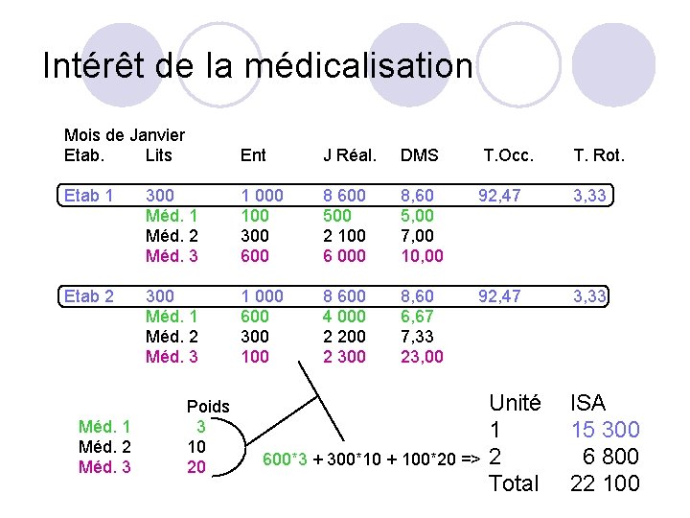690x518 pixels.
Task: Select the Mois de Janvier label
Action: (124, 135)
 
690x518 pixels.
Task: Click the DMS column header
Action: (419, 155)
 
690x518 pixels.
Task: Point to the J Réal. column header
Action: (350, 155)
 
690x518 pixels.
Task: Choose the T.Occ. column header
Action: (508, 155)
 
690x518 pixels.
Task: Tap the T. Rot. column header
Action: (599, 155)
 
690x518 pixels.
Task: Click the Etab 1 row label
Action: (88, 196)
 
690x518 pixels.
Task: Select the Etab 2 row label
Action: (88, 296)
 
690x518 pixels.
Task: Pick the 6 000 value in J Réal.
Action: (344, 256)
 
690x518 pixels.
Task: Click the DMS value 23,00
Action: (422, 357)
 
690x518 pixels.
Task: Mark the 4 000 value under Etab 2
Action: (344, 317)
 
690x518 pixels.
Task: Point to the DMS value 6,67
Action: (418, 317)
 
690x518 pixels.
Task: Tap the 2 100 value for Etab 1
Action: (344, 236)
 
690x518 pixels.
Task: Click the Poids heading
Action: (208, 407)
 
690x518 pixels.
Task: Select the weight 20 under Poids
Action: (195, 467)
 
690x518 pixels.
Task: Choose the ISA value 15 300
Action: (605, 430)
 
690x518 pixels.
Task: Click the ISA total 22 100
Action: (605, 483)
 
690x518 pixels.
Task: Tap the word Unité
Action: (515, 403)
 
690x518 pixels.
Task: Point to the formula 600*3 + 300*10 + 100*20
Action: (365, 458)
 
